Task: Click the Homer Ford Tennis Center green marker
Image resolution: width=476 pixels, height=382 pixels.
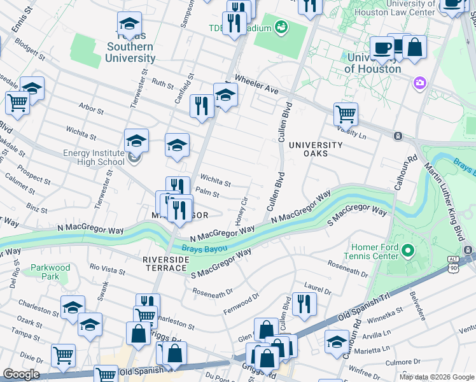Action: [408, 253]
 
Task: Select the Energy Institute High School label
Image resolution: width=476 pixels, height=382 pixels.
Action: [94, 157]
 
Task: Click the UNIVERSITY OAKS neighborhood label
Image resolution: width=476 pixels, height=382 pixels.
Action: [316, 149]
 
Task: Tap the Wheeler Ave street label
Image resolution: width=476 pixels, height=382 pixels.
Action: [257, 85]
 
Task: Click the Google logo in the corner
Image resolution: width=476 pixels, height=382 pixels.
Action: [21, 374]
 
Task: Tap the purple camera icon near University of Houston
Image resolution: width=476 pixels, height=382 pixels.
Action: [419, 83]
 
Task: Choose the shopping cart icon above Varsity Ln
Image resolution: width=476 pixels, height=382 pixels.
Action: [346, 114]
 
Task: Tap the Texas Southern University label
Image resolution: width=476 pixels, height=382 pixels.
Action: [130, 52]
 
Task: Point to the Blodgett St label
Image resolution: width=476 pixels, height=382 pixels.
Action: [30, 48]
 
